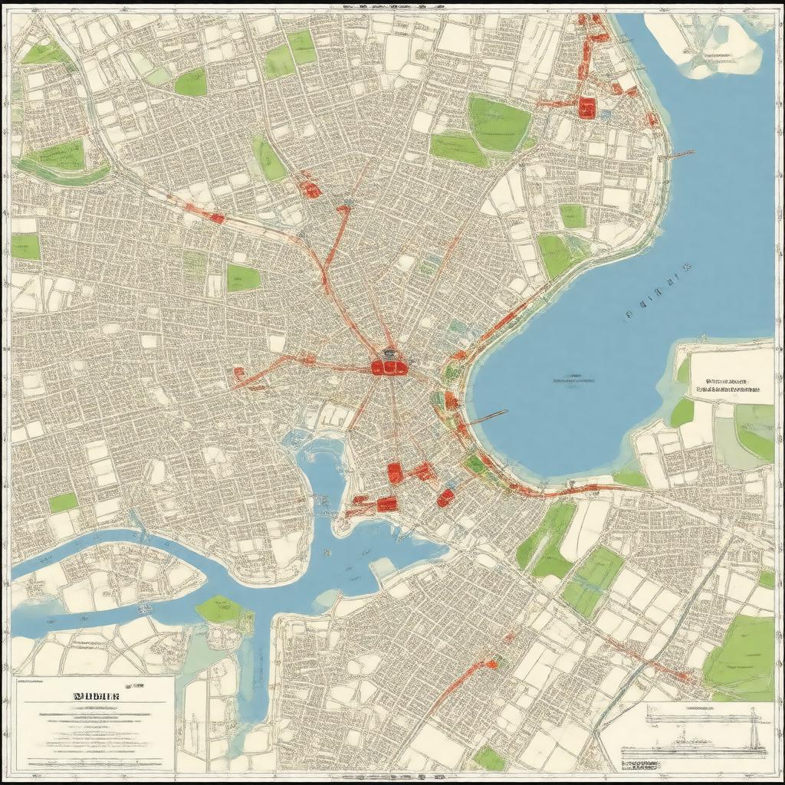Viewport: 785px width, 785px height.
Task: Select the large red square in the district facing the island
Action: [x=587, y=107]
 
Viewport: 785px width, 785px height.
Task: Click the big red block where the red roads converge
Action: [x=389, y=368]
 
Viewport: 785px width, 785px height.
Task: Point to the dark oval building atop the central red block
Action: [x=389, y=354]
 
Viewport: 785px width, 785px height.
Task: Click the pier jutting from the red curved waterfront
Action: [x=487, y=418]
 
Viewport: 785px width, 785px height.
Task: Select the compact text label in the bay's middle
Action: [x=575, y=379]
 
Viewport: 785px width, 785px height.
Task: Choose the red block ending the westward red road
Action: [x=238, y=374]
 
